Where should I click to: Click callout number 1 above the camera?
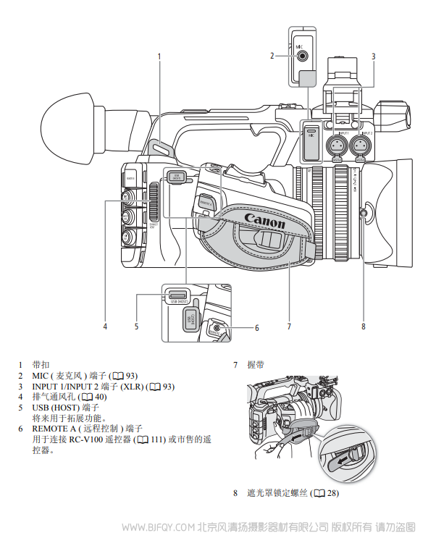tap(159, 56)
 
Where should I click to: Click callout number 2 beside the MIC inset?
tap(272, 55)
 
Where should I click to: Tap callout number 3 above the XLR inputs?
tap(373, 56)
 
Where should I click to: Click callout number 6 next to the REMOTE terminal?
tap(256, 328)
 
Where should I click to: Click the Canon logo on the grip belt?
tap(264, 219)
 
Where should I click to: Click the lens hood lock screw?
tap(364, 212)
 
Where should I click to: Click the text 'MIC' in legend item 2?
tap(41, 376)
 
